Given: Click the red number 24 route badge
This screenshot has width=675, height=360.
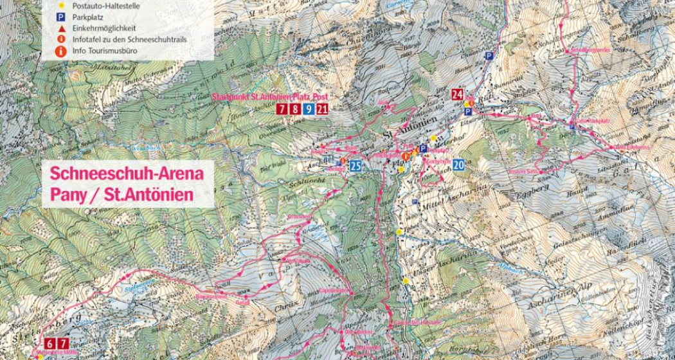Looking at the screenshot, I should pos(458,94).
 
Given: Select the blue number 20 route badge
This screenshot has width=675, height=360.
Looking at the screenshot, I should pos(458,165).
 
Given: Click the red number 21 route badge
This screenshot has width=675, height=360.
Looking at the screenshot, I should pos(323,109).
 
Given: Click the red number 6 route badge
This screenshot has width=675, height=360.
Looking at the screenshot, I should pos(50,341).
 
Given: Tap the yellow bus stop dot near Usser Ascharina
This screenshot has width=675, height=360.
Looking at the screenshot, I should pos(406,280).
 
